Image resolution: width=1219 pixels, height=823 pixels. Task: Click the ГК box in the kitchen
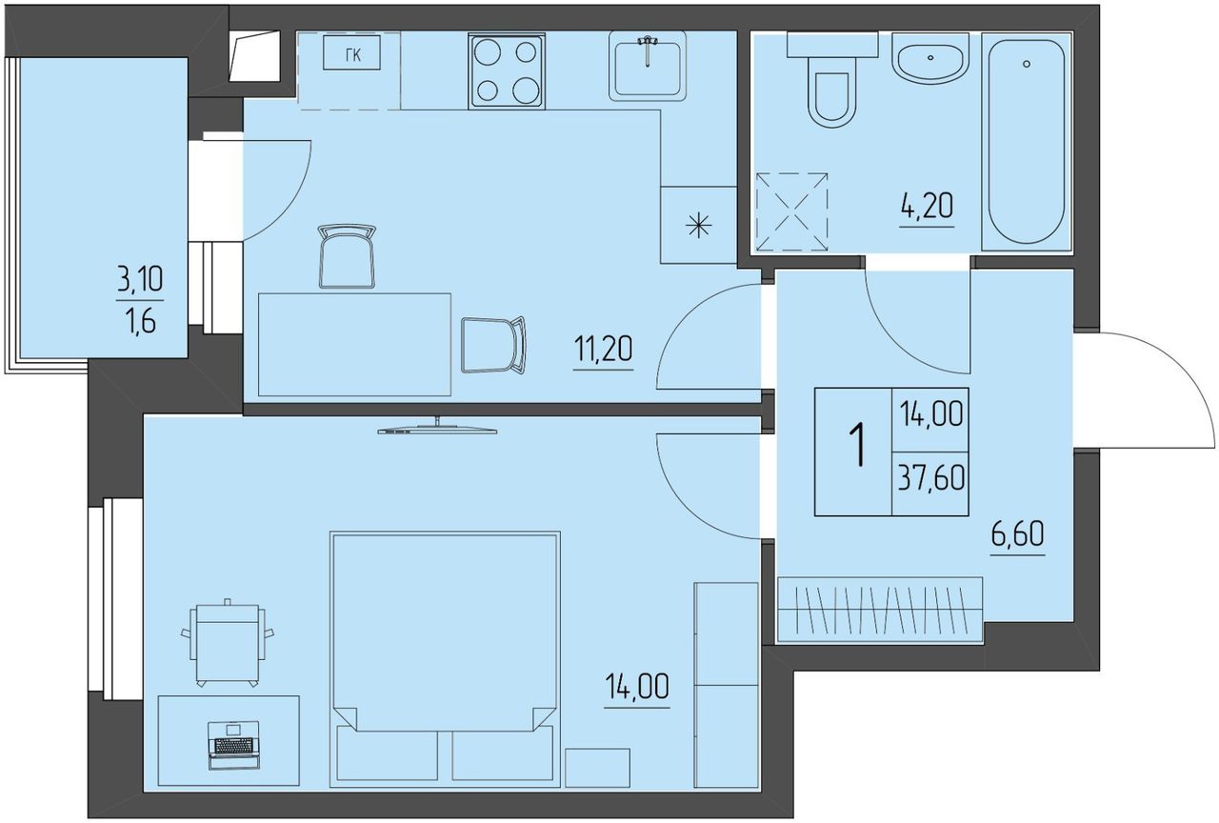[x=351, y=52]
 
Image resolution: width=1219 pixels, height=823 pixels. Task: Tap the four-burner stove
[x=506, y=70]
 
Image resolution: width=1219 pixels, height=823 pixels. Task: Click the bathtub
[x=1027, y=142]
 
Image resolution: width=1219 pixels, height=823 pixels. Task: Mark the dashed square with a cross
[x=791, y=211]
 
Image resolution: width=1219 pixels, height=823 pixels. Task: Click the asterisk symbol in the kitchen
[x=699, y=226]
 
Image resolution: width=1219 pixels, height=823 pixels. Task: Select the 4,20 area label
[x=927, y=207]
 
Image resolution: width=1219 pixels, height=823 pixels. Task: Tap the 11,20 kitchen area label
[x=603, y=349]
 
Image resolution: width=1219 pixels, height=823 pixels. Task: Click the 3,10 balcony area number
[x=140, y=279]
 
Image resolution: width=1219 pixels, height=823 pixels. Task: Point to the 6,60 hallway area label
[x=1018, y=533]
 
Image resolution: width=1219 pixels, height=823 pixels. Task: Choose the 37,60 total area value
[x=931, y=478]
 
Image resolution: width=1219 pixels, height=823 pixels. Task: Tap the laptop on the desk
[x=234, y=745]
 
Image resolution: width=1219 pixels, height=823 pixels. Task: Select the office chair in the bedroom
[x=228, y=642]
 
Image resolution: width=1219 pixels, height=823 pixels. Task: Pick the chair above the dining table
[x=347, y=255]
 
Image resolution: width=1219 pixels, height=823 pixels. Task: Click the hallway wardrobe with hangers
[x=880, y=611]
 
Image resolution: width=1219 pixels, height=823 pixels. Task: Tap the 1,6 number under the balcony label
[x=140, y=322]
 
